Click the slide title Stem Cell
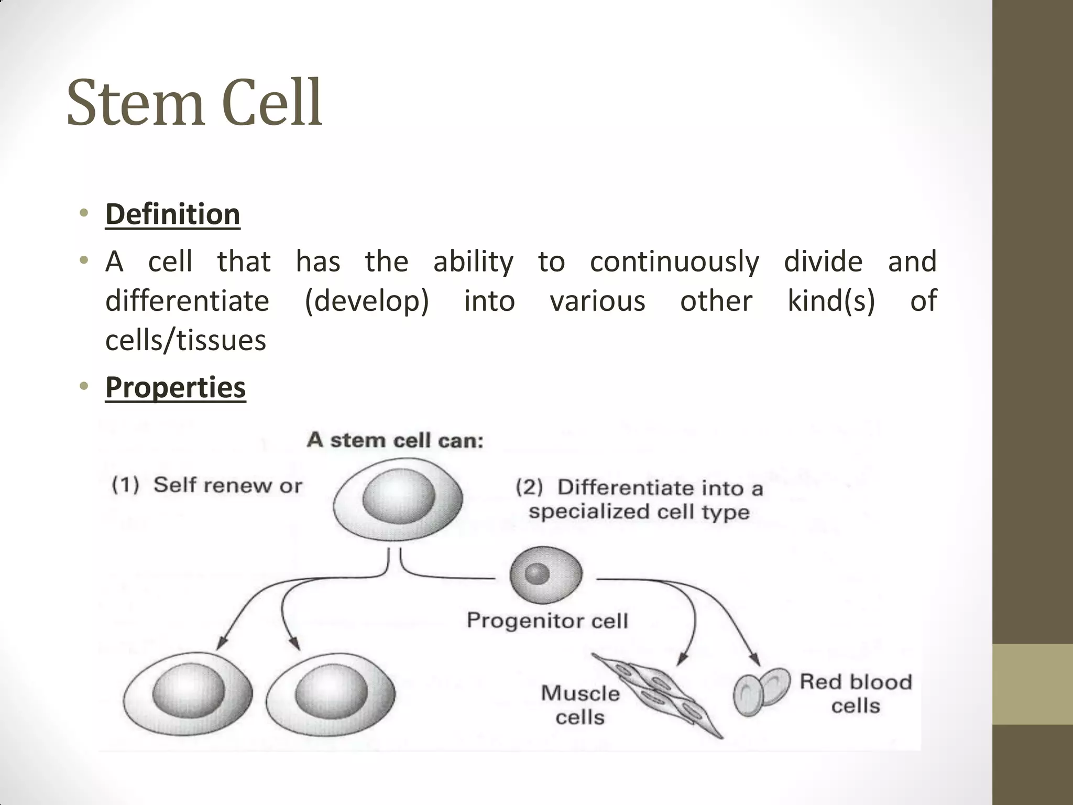click(194, 103)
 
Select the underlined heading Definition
click(172, 214)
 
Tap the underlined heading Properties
click(176, 387)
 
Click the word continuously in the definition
click(674, 262)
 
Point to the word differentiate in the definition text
click(187, 301)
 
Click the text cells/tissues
click(185, 340)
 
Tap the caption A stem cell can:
click(395, 440)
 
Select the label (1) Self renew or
click(207, 485)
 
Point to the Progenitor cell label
click(547, 621)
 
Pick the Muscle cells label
click(580, 705)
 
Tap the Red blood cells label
click(856, 693)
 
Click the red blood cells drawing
click(761, 691)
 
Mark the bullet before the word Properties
click(83, 387)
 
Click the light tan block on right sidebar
click(1032, 684)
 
